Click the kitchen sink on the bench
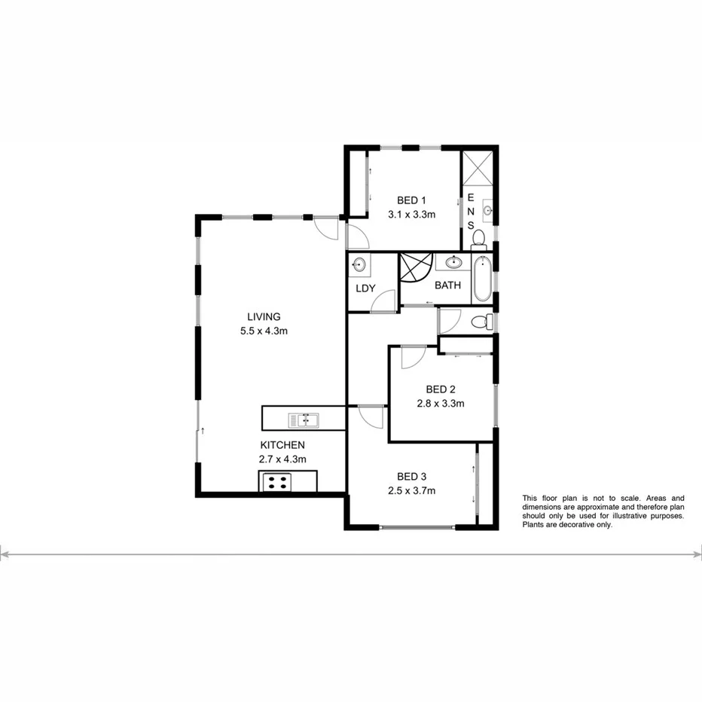click(x=303, y=418)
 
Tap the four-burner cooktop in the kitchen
click(x=276, y=481)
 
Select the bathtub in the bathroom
click(x=482, y=279)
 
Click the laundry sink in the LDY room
click(x=360, y=264)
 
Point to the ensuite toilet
click(x=478, y=240)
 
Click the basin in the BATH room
click(x=453, y=262)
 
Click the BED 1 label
click(x=412, y=200)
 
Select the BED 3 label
click(x=412, y=476)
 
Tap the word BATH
click(x=448, y=285)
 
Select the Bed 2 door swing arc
click(x=413, y=358)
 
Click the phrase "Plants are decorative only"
click(x=568, y=525)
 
